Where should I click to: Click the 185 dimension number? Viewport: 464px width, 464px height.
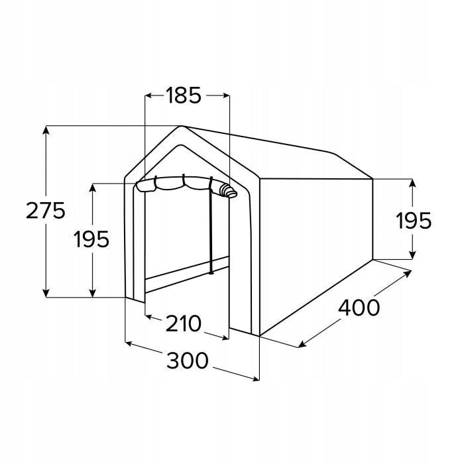click(x=184, y=95)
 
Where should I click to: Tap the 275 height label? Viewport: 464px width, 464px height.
click(x=45, y=211)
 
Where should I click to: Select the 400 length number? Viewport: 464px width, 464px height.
click(x=359, y=308)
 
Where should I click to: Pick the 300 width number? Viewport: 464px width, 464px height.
click(x=188, y=361)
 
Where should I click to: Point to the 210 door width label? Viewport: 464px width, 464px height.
click(x=184, y=323)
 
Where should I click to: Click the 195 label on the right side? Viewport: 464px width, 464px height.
click(x=414, y=221)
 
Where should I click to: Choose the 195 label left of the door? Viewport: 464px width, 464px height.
click(x=91, y=239)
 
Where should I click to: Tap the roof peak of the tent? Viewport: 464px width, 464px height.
click(x=181, y=127)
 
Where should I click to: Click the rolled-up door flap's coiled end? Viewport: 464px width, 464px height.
click(x=229, y=191)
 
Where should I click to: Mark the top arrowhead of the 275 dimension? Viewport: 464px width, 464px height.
click(x=46, y=130)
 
